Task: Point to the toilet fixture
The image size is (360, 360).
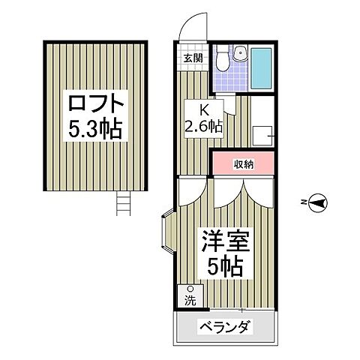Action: pyautogui.click(x=223, y=58)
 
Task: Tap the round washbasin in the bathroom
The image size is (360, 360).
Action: pyautogui.click(x=239, y=52)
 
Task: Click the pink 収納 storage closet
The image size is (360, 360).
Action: pyautogui.click(x=241, y=163)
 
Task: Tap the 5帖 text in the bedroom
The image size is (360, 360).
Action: pyautogui.click(x=223, y=267)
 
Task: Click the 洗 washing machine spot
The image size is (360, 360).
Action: pyautogui.click(x=190, y=295)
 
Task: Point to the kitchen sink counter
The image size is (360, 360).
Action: pyautogui.click(x=262, y=133)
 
